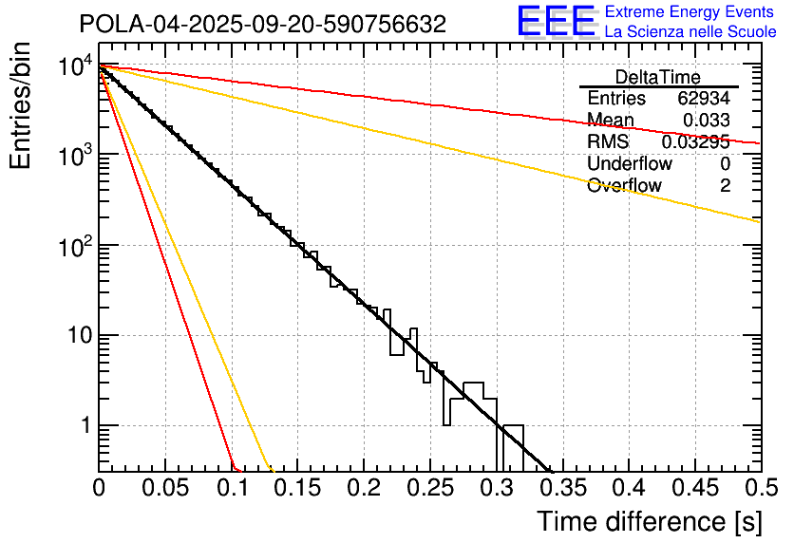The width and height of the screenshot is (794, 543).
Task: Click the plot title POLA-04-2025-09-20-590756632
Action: point(262,25)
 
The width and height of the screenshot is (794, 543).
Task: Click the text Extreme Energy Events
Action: point(690,12)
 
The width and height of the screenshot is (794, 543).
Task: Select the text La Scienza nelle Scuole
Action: point(690,32)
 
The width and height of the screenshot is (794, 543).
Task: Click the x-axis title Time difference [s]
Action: point(649,521)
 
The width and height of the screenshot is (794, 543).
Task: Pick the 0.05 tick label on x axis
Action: point(164,488)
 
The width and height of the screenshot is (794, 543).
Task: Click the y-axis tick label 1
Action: point(84,426)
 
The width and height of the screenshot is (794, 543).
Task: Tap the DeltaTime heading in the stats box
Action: point(658,77)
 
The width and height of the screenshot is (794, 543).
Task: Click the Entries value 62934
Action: point(704,99)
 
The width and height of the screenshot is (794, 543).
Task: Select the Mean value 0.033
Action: point(707,120)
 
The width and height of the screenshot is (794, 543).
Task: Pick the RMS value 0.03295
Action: point(696,141)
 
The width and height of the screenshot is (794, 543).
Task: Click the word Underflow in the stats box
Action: point(630,163)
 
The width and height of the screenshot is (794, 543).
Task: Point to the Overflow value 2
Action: point(725,185)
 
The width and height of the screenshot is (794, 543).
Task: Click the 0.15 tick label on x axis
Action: point(297,488)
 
